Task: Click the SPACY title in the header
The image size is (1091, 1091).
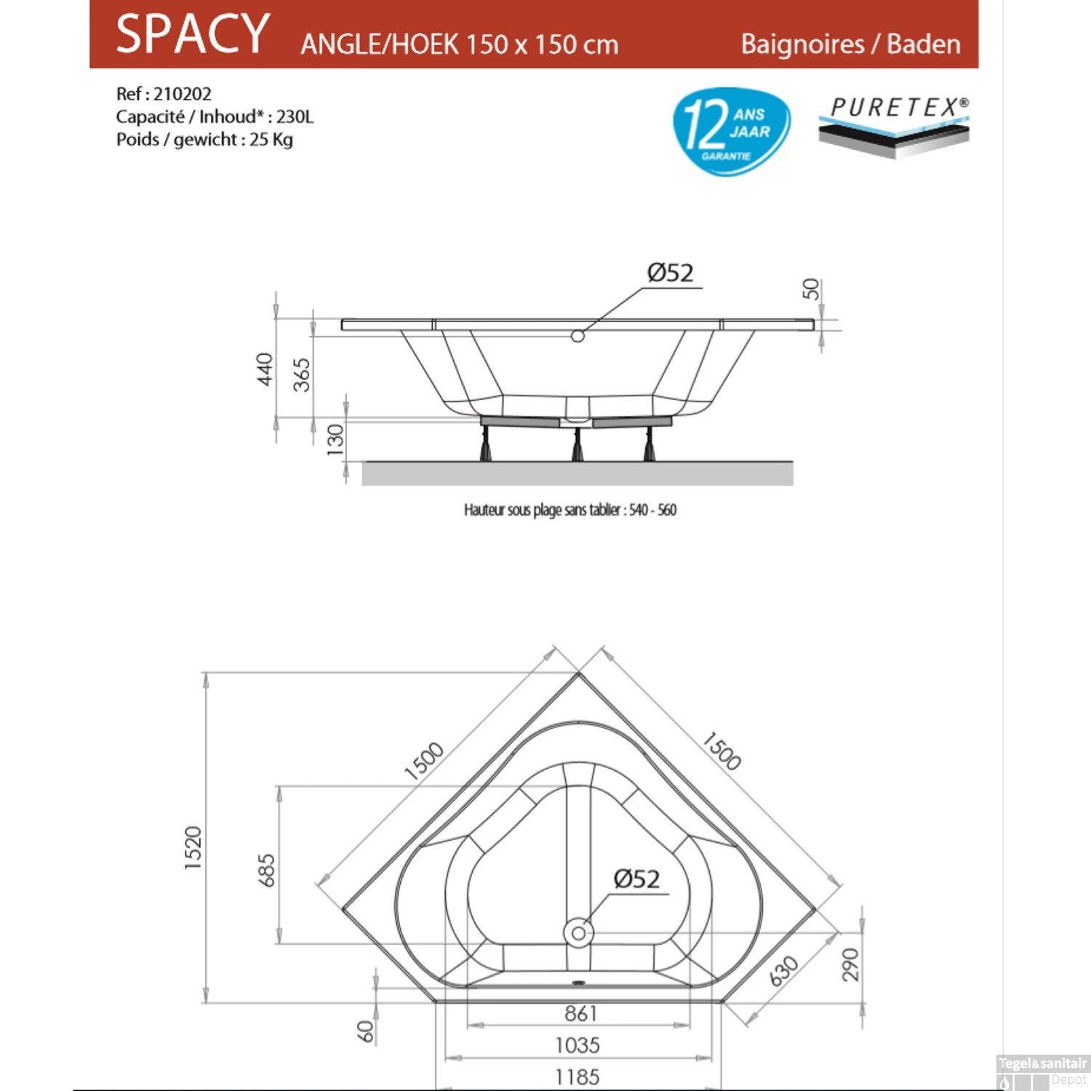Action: click(193, 34)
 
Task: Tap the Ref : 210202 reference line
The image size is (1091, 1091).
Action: click(164, 94)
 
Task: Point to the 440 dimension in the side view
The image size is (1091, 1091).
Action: click(265, 369)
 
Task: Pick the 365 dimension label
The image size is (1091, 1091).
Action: click(302, 375)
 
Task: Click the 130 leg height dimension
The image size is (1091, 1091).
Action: click(335, 440)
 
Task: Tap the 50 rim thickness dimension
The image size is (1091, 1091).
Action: click(811, 289)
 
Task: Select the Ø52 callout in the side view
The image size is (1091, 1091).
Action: click(670, 273)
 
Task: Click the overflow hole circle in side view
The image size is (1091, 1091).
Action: click(578, 336)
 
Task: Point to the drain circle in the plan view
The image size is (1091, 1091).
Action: click(578, 932)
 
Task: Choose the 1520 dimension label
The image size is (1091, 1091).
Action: click(193, 848)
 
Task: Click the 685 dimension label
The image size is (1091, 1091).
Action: click(267, 870)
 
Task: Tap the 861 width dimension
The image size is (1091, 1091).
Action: click(580, 1013)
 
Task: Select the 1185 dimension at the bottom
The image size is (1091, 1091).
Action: click(578, 1077)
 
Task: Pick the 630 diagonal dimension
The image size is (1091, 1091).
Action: click(784, 971)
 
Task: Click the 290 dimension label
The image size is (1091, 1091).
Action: click(850, 964)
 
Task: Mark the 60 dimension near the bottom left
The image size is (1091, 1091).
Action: click(365, 1030)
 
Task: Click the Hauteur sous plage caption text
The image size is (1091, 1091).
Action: click(570, 510)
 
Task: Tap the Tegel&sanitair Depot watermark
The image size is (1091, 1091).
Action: click(1042, 1071)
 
